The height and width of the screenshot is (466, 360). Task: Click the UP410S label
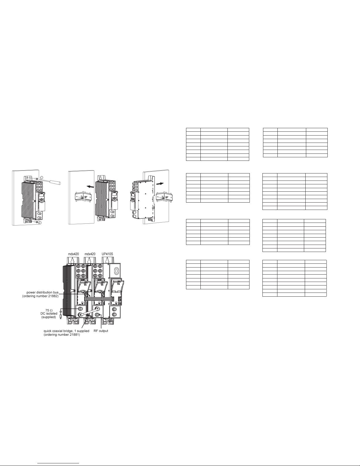tap(107, 254)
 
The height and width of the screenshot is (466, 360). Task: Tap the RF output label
tap(101, 331)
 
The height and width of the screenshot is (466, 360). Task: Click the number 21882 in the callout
tap(53, 296)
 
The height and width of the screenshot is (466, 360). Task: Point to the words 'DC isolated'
tap(49, 313)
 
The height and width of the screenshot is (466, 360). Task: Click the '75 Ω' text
tap(49, 310)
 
